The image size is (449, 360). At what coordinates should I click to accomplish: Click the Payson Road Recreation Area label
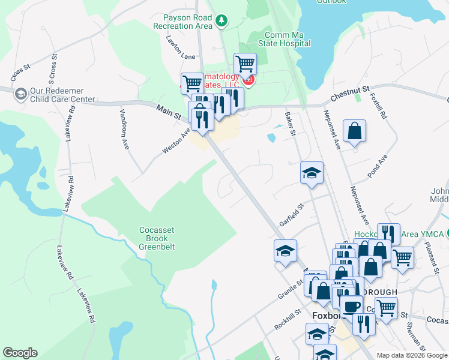(183, 22)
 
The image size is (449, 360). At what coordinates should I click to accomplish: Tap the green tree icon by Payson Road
(222, 22)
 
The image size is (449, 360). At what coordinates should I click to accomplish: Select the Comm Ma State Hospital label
(285, 39)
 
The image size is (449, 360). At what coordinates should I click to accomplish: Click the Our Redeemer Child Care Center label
(62, 95)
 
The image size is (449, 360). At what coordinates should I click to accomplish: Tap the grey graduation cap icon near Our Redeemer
(20, 94)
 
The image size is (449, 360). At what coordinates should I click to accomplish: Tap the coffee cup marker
(352, 306)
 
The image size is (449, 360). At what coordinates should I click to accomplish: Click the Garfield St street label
(292, 215)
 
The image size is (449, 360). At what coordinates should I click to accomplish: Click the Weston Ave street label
(176, 140)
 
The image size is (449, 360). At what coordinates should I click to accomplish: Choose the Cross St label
(20, 73)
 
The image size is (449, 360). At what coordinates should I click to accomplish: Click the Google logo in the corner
(20, 353)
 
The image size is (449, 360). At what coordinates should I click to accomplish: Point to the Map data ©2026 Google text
(412, 355)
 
